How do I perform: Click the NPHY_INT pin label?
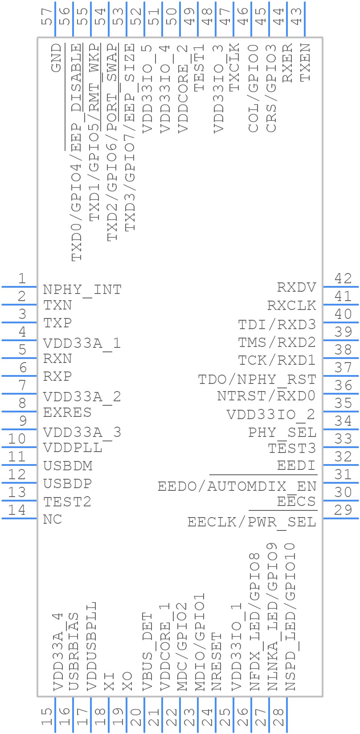82,290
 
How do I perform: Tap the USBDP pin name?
68,484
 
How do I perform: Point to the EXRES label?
67,412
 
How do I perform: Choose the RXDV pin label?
296,287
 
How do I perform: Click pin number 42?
343,279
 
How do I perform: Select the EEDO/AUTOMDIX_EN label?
237,486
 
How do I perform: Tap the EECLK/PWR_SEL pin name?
251,522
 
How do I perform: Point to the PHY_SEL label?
282,432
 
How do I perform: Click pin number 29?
343,510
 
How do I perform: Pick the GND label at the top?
56,58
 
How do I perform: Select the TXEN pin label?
305,62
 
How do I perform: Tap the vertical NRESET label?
217,661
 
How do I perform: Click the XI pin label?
109,681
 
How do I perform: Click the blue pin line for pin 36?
341,393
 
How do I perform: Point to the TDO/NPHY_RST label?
257,379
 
